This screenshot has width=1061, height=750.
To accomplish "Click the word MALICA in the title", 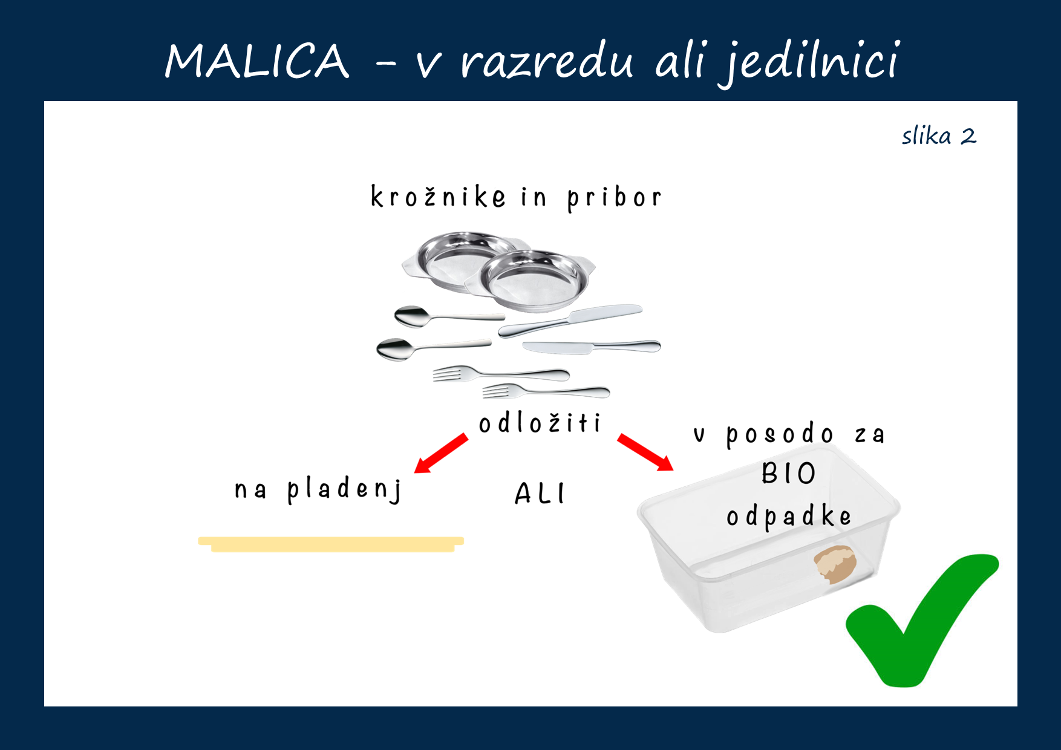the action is (x=257, y=61).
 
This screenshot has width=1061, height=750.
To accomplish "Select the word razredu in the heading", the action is (x=547, y=61).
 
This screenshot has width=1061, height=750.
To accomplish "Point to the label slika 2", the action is (x=939, y=135).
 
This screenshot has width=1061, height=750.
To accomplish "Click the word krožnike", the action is (x=438, y=197).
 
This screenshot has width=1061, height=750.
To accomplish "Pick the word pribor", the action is (x=614, y=198).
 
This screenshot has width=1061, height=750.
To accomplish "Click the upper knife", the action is (x=570, y=321).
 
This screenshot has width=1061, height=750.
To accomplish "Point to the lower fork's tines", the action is (x=498, y=391).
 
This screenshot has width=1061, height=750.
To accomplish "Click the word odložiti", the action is (x=540, y=423).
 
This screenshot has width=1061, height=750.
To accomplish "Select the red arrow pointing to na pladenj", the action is (x=441, y=453).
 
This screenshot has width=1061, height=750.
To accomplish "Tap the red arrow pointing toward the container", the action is (x=645, y=452).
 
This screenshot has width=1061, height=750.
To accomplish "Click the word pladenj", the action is (x=344, y=489).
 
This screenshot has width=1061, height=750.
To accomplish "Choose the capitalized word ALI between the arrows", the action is (x=540, y=494).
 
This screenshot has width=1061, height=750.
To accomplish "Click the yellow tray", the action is (x=331, y=544).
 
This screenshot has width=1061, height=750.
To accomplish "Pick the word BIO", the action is (x=789, y=473).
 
